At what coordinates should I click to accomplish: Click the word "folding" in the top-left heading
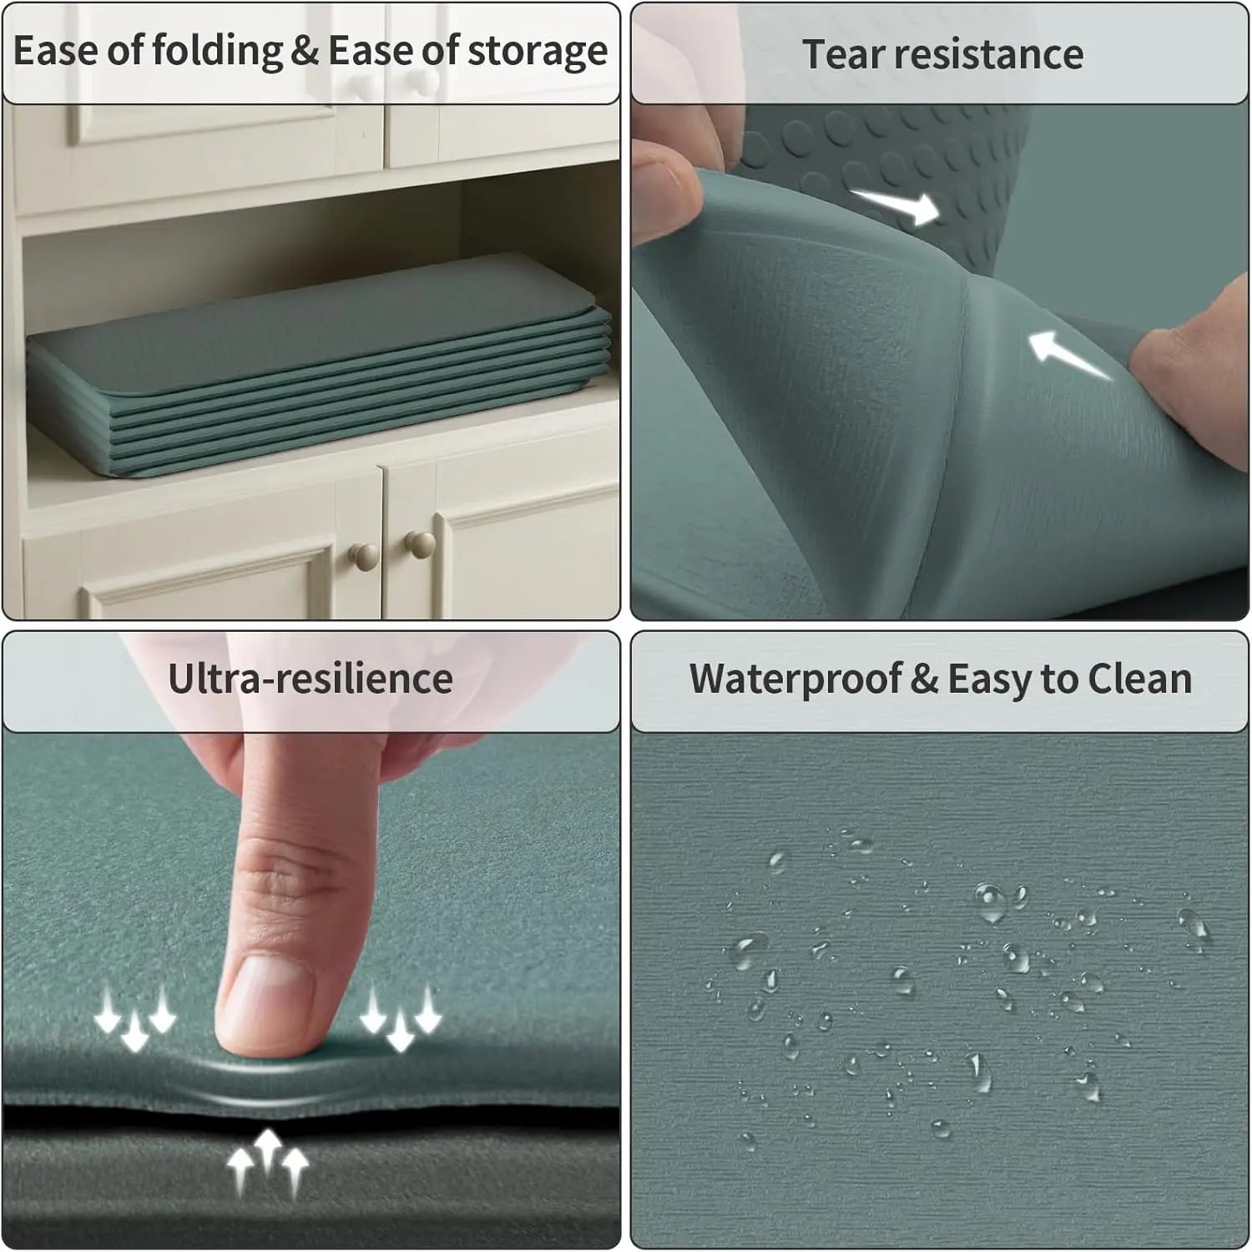coord(218,52)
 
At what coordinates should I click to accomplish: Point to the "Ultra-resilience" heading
coord(310,678)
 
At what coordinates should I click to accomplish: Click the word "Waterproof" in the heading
coord(795,679)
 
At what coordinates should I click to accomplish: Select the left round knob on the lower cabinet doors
coord(363,555)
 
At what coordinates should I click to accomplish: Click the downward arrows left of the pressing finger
coord(134,1017)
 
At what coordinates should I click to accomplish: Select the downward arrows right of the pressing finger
coord(401,1017)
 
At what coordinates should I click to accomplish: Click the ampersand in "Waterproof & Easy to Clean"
coord(924,679)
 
